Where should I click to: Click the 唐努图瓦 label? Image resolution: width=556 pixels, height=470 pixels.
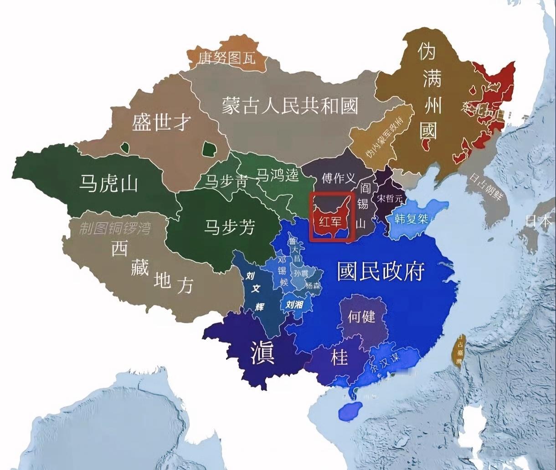pyautogui.click(x=227, y=58)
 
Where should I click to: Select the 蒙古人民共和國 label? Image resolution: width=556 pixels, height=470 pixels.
pyautogui.click(x=290, y=106)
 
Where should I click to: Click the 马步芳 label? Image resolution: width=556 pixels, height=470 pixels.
pyautogui.click(x=229, y=227)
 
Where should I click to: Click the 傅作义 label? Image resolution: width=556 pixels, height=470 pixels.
pyautogui.click(x=338, y=178)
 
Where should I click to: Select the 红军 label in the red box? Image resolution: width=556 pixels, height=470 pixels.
pyautogui.click(x=330, y=222)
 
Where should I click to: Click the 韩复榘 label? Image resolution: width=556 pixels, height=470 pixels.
pyautogui.click(x=412, y=219)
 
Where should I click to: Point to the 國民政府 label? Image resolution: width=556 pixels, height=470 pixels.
pyautogui.click(x=381, y=271)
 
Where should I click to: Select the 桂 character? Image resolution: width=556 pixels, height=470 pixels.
pyautogui.click(x=339, y=358)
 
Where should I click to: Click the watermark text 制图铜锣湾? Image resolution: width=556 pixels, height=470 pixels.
pyautogui.click(x=114, y=229)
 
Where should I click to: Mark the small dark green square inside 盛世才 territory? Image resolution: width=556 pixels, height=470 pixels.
pyautogui.click(x=209, y=148)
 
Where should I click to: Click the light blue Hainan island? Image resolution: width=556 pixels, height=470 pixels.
pyautogui.click(x=350, y=410)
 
